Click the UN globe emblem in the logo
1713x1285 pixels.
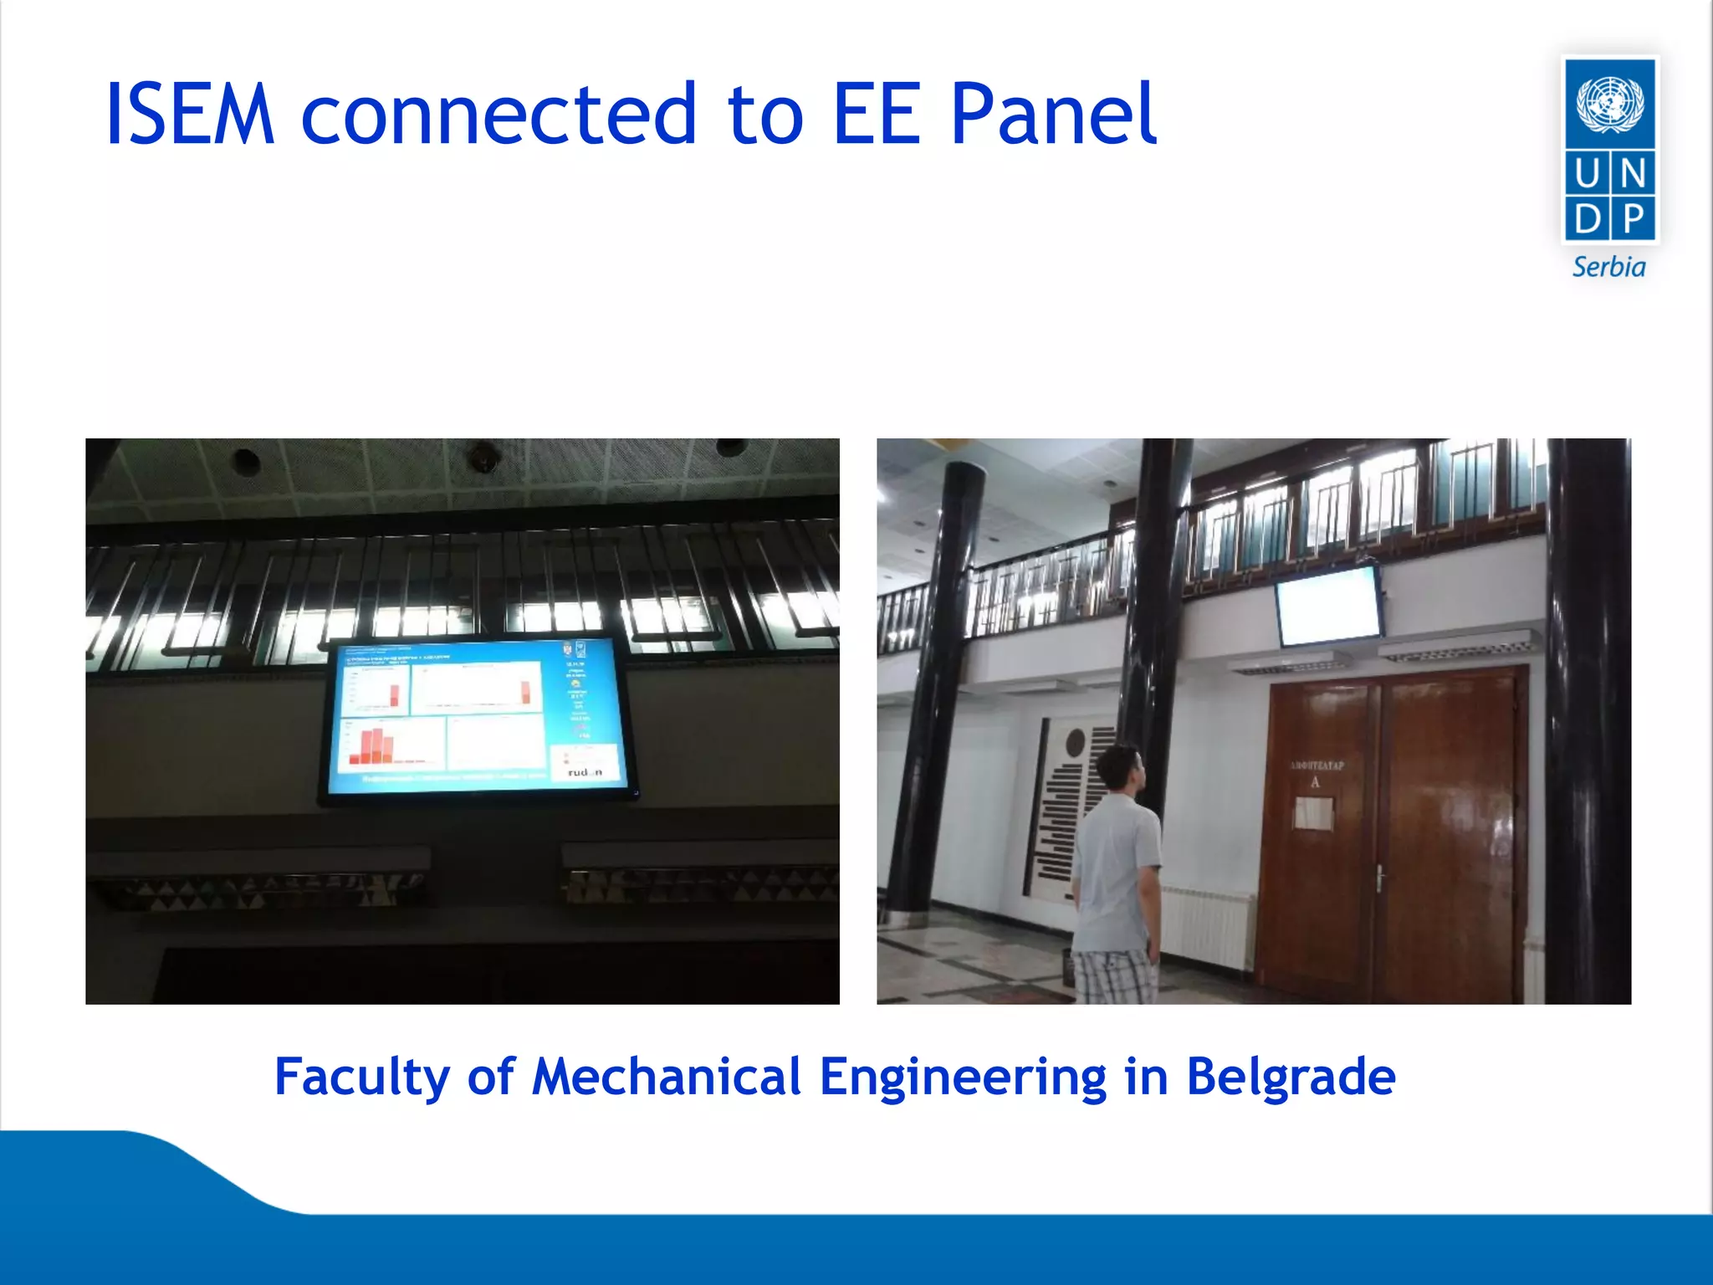coord(1609,104)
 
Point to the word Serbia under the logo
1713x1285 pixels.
coord(1608,267)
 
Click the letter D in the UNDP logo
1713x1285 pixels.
coord(1587,219)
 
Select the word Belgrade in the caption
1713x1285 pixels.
coord(1291,1076)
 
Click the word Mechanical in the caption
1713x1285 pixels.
coord(667,1076)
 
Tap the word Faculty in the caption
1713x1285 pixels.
coord(361,1076)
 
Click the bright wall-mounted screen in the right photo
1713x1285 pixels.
coord(1328,605)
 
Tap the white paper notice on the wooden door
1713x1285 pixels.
coord(1314,812)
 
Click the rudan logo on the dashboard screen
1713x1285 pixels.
coord(585,771)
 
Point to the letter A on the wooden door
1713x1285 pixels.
coord(1315,782)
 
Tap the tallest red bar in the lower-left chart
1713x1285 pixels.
coord(377,745)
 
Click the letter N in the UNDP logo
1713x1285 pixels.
coord(1633,174)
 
